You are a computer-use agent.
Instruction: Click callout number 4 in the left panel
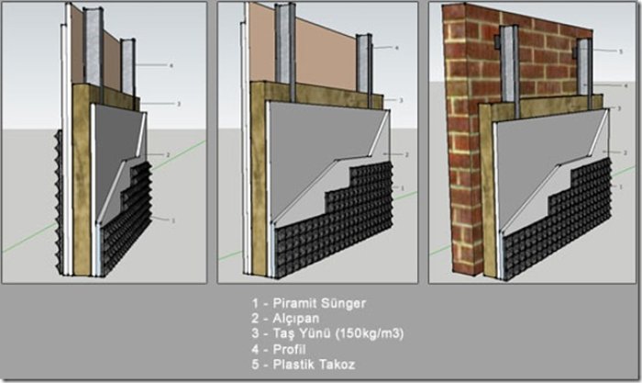click(x=172, y=65)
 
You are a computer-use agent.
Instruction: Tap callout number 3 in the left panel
click(x=178, y=104)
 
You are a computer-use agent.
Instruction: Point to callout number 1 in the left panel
click(x=172, y=220)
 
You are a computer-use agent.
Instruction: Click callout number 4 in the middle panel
click(x=396, y=47)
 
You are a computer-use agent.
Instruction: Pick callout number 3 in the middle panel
click(x=402, y=99)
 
